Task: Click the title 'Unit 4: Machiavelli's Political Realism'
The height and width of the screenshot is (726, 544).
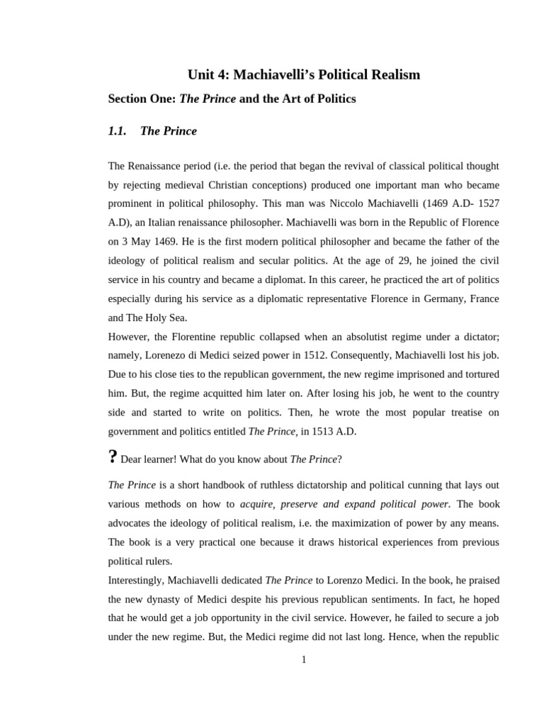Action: coord(303,74)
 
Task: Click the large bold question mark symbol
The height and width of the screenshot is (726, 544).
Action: coord(112,457)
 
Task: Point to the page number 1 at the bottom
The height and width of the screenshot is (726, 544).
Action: coord(304,659)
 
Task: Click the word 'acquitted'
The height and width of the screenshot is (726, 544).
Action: coord(212,393)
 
